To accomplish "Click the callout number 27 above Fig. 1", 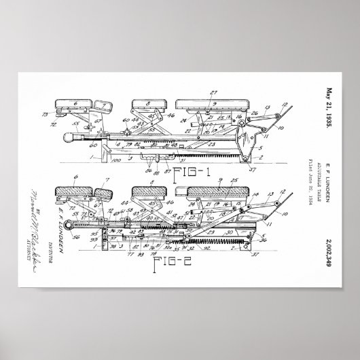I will coord(215,91).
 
